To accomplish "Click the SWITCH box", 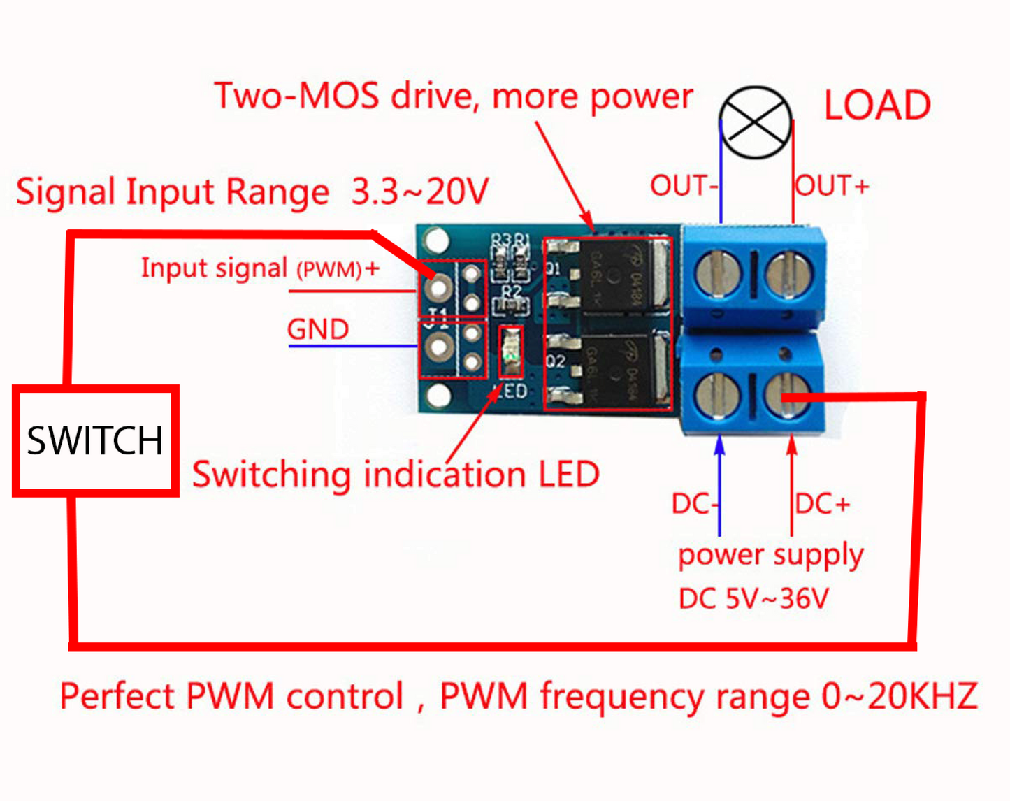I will [x=96, y=440].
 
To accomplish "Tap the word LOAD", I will [x=877, y=106].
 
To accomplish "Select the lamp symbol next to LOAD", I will [x=756, y=122].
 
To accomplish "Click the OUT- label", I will [x=683, y=186].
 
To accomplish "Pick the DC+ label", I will [x=823, y=504].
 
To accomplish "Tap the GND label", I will [x=318, y=329].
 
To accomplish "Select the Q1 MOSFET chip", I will [x=614, y=277].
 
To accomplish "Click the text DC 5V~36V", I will [x=753, y=599].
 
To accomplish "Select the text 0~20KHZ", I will [x=900, y=696].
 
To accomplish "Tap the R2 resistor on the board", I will [x=512, y=305].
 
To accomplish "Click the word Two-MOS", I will [x=296, y=96].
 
